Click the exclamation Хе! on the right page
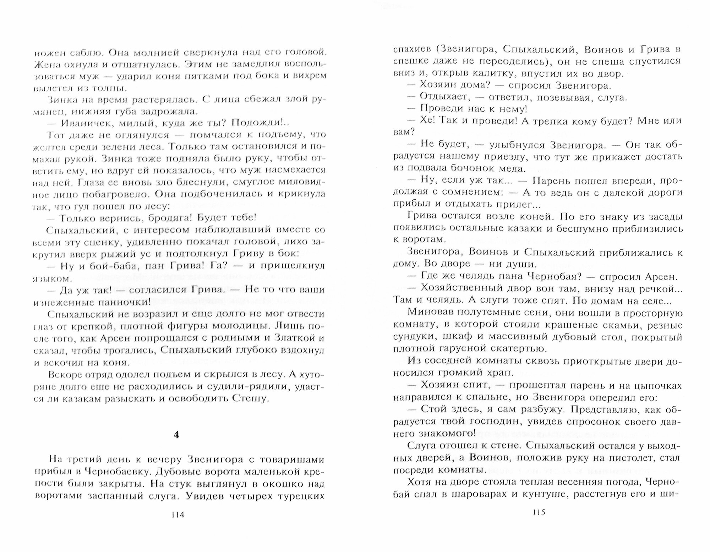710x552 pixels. (x=428, y=121)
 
